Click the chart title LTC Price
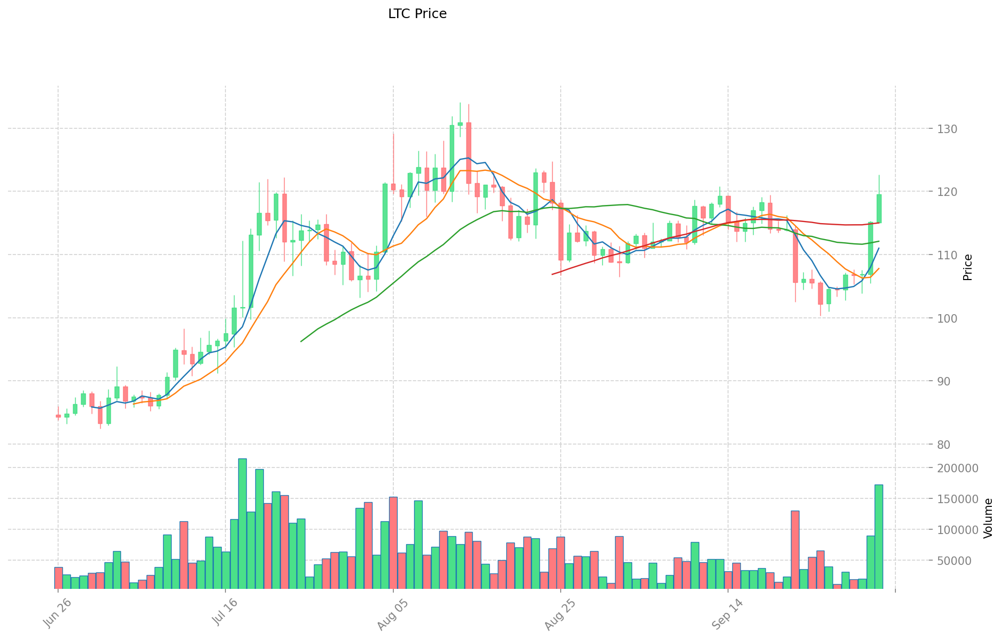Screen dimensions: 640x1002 click(417, 14)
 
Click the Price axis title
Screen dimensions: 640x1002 click(968, 267)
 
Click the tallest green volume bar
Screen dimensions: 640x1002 click(243, 523)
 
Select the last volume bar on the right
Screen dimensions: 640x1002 click(878, 536)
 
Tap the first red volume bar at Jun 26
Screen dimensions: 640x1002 click(59, 578)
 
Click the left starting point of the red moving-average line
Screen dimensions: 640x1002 click(553, 274)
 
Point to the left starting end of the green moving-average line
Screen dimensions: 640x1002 click(301, 341)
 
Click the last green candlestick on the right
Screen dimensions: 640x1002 click(879, 209)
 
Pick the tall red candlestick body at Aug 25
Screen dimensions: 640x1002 click(561, 232)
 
